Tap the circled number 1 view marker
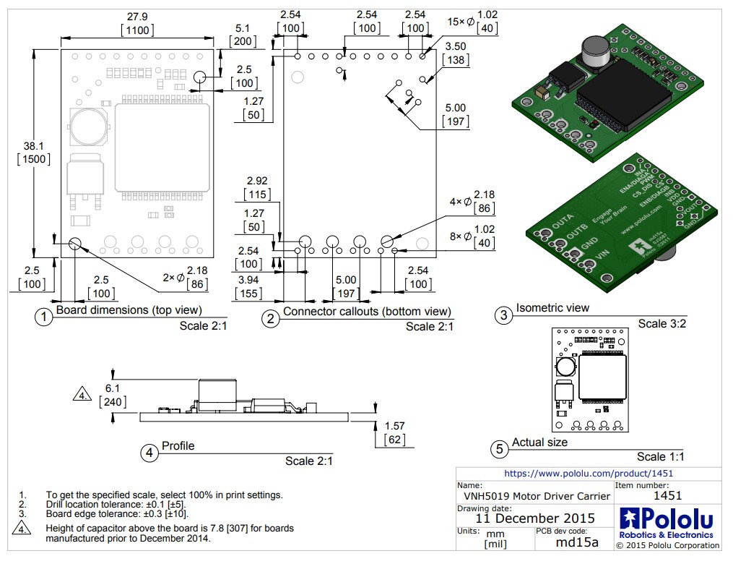tap(44, 317)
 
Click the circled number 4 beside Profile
tap(149, 453)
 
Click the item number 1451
tap(667, 495)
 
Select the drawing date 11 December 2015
tap(534, 518)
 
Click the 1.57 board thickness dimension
tap(394, 426)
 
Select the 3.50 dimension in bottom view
tap(456, 46)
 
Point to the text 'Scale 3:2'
tap(662, 323)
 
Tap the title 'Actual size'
tap(539, 442)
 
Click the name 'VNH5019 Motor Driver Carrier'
tap(534, 496)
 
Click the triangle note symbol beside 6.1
tap(83, 395)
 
